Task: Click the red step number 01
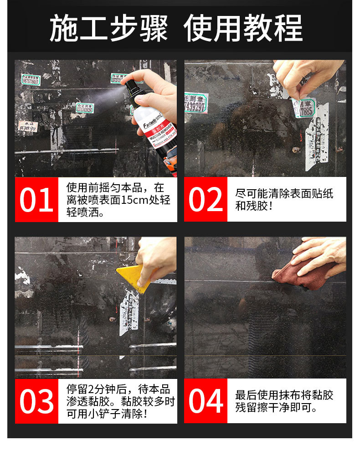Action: click(x=36, y=200)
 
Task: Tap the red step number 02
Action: click(x=206, y=200)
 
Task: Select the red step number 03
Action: click(x=36, y=401)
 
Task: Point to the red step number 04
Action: click(x=206, y=401)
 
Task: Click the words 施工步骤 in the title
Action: click(x=108, y=28)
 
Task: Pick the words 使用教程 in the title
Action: click(x=242, y=28)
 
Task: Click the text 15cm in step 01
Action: click(x=134, y=200)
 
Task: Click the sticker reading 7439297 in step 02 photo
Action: click(x=196, y=104)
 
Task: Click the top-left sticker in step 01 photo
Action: click(x=31, y=80)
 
